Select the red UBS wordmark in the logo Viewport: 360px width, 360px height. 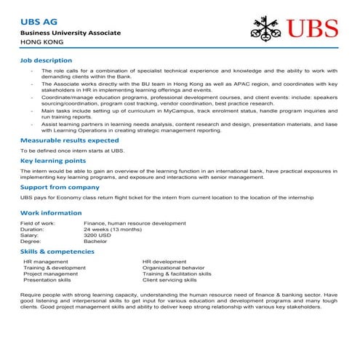(313, 30)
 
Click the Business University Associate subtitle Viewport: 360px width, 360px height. (70, 34)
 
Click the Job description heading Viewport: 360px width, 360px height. (46, 60)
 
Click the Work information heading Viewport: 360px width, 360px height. (51, 212)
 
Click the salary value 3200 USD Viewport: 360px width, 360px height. (97, 235)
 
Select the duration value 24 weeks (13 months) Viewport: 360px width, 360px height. (113, 229)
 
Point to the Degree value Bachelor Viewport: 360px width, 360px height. (95, 241)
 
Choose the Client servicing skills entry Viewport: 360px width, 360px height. (169, 279)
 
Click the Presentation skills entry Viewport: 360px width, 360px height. (47, 279)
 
